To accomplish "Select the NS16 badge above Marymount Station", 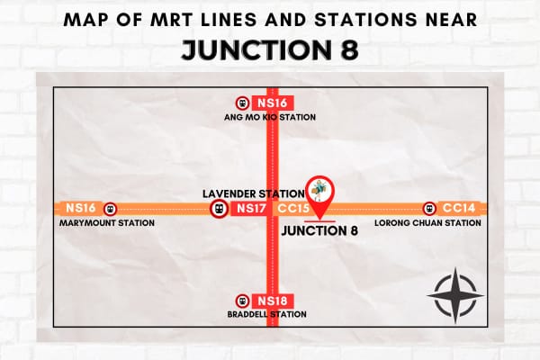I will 79,208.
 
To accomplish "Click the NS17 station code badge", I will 248,209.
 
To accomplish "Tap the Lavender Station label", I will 252,193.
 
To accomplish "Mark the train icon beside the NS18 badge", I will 240,301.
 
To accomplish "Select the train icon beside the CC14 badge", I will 429,208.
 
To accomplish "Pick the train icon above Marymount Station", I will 111,208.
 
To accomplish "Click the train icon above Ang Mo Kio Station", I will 241,103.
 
